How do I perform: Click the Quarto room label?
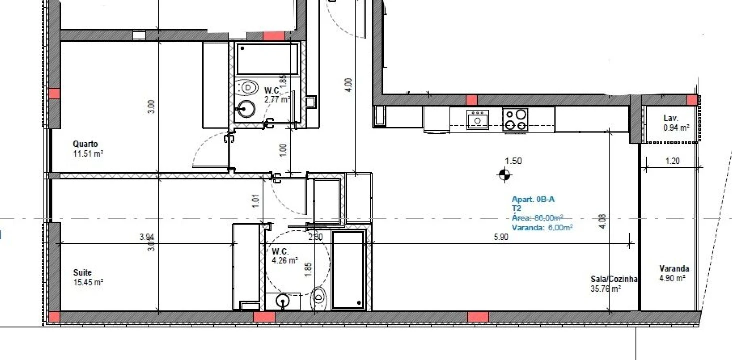[x=85, y=144]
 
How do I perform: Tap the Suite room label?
[x=82, y=273]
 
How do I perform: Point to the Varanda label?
[x=674, y=269]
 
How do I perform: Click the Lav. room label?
[x=670, y=118]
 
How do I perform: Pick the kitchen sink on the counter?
[x=478, y=120]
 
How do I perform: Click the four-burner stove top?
[x=515, y=119]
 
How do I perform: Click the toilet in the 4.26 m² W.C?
[x=318, y=299]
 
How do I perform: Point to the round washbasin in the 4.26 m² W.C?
[x=283, y=301]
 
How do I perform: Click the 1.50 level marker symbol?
[x=505, y=175]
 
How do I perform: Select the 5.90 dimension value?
[x=501, y=237]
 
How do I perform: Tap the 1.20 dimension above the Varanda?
[x=672, y=161]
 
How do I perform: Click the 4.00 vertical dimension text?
[x=349, y=85]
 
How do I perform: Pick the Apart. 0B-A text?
[x=533, y=199]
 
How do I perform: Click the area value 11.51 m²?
[x=88, y=154]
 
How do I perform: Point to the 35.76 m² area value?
[x=606, y=289]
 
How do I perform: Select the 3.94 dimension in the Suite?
[x=146, y=237]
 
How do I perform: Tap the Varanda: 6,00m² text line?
[x=542, y=227]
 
